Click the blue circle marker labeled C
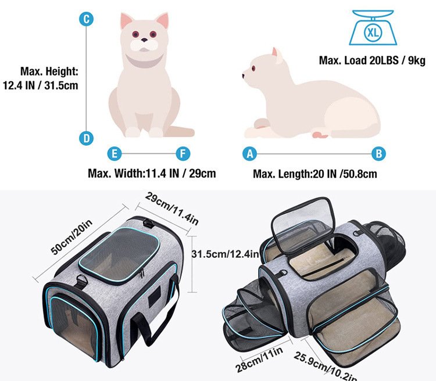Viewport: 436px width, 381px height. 87,20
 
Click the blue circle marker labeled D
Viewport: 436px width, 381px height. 87,138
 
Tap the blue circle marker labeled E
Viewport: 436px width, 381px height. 115,154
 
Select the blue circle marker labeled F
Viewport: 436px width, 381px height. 184,154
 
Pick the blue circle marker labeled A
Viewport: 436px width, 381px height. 250,154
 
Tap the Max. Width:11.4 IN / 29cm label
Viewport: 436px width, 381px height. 152,173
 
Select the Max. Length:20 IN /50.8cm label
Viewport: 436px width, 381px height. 315,173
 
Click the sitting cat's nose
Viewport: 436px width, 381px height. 144,41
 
